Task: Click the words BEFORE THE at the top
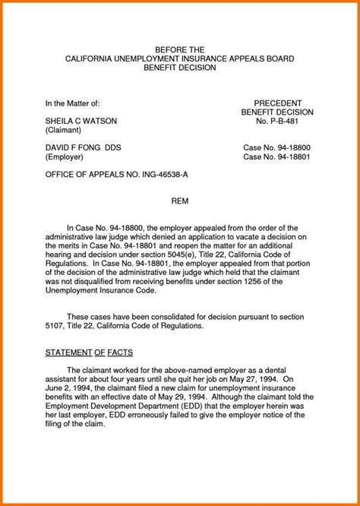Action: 180,48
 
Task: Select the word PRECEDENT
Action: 277,103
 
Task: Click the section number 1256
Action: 235,280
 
